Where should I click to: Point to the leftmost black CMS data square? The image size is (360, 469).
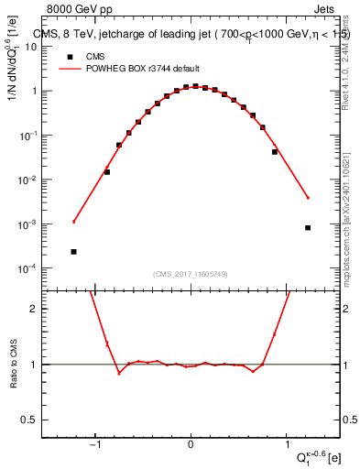tap(73, 251)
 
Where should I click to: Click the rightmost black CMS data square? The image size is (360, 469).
tap(308, 228)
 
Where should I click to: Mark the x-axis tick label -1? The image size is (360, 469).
tap(94, 445)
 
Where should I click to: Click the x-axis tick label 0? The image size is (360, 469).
tap(191, 445)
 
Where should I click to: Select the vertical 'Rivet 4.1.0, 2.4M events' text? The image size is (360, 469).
tap(343, 55)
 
